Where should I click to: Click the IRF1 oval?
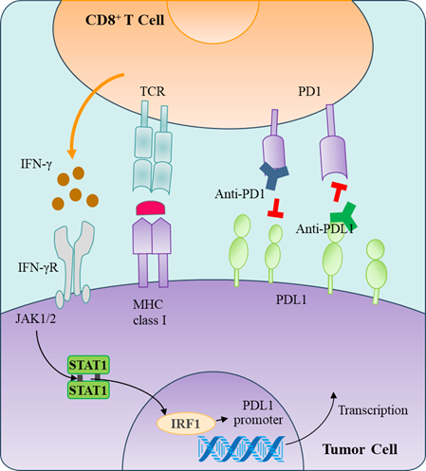coord(186,424)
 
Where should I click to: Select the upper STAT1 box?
coord(88,365)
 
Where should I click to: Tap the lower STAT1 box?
coord(88,389)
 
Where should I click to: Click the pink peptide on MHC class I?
coord(151,208)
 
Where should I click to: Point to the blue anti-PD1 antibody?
coord(273,175)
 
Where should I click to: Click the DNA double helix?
coord(242,449)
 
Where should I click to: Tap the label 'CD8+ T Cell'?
coord(124,20)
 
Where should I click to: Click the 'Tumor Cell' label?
coord(360,449)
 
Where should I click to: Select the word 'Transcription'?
coord(373,410)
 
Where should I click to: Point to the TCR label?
coord(153,91)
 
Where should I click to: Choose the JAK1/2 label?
coord(36,319)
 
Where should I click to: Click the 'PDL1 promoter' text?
coord(258,413)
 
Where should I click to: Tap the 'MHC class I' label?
coord(149,313)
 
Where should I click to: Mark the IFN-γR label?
coord(38,268)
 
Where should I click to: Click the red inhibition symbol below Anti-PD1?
coord(275,208)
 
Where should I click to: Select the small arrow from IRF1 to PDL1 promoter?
coord(222,420)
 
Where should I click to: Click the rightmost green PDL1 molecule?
coord(377,271)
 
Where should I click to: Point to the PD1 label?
coord(309,91)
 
